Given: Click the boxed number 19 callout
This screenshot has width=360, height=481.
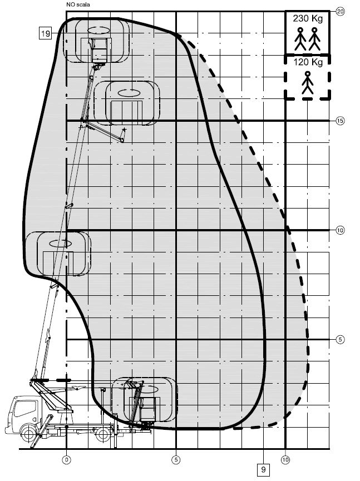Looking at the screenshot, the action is click(x=46, y=33).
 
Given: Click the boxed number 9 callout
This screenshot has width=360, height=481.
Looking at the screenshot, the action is click(x=264, y=469).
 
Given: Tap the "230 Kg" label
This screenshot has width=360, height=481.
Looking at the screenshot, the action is click(x=308, y=19).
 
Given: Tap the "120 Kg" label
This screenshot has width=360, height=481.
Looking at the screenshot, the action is click(x=308, y=62).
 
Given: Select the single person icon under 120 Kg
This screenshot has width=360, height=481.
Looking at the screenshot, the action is click(x=308, y=83).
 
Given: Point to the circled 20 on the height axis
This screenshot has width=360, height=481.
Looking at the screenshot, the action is click(x=340, y=12).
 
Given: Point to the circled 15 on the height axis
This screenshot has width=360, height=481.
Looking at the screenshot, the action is click(x=340, y=121).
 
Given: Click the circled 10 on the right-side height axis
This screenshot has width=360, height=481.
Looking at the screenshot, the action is click(x=340, y=230).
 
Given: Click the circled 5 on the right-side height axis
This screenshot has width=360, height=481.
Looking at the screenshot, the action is click(x=340, y=340).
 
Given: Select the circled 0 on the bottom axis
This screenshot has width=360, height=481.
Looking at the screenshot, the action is click(x=67, y=459).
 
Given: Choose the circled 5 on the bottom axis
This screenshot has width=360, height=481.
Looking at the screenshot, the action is click(x=176, y=459).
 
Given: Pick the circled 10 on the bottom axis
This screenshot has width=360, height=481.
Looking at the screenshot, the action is click(x=285, y=459).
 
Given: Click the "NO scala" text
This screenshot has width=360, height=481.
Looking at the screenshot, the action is click(x=78, y=4).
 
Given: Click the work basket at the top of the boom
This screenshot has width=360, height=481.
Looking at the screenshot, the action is click(x=99, y=49).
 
